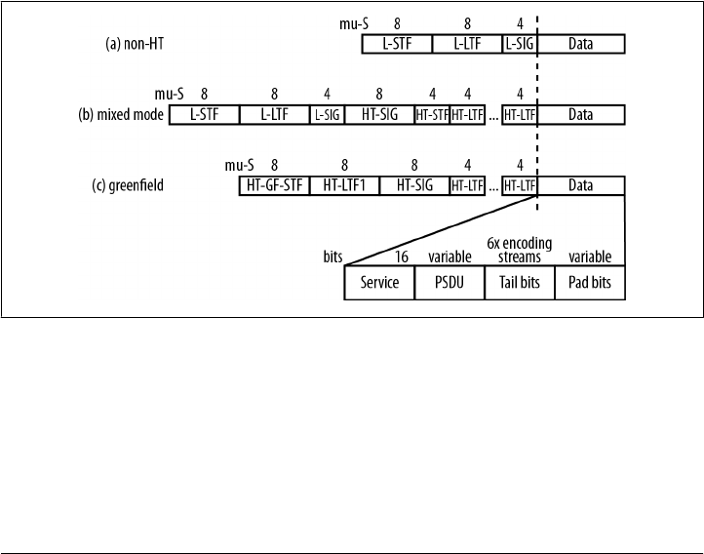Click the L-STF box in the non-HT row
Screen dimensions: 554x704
click(x=397, y=45)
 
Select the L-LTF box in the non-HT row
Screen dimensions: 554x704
click(x=467, y=45)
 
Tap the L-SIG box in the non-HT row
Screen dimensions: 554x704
click(x=520, y=45)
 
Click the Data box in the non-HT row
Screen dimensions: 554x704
click(x=581, y=45)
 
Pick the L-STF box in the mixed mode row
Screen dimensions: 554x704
click(x=204, y=115)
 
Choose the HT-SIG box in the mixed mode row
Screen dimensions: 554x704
click(x=379, y=115)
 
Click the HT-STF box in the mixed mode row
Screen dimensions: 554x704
click(x=432, y=115)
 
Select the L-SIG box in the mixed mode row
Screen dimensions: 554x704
click(x=327, y=115)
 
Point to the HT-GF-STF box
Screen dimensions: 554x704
click(x=274, y=185)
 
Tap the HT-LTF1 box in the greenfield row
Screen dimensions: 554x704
click(x=344, y=185)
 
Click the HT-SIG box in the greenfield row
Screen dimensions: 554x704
click(x=414, y=185)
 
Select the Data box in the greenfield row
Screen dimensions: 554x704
click(x=581, y=185)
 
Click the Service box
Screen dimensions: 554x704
click(x=379, y=283)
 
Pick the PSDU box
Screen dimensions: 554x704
click(x=450, y=283)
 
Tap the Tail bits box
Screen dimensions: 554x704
click(x=520, y=283)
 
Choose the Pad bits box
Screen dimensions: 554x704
click(x=590, y=283)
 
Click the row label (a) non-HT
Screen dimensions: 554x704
click(x=137, y=45)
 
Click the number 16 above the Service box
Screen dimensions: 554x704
click(x=401, y=257)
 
